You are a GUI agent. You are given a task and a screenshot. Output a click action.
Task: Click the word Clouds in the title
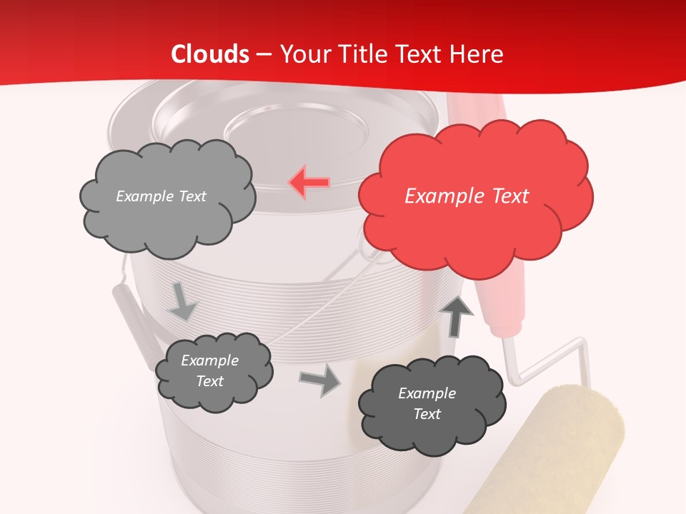[x=210, y=54]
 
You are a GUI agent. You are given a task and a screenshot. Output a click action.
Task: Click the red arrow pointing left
[x=309, y=182]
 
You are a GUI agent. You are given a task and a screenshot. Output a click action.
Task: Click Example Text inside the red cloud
[x=467, y=196]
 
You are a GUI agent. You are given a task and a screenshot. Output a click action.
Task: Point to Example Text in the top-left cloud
[x=161, y=196]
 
